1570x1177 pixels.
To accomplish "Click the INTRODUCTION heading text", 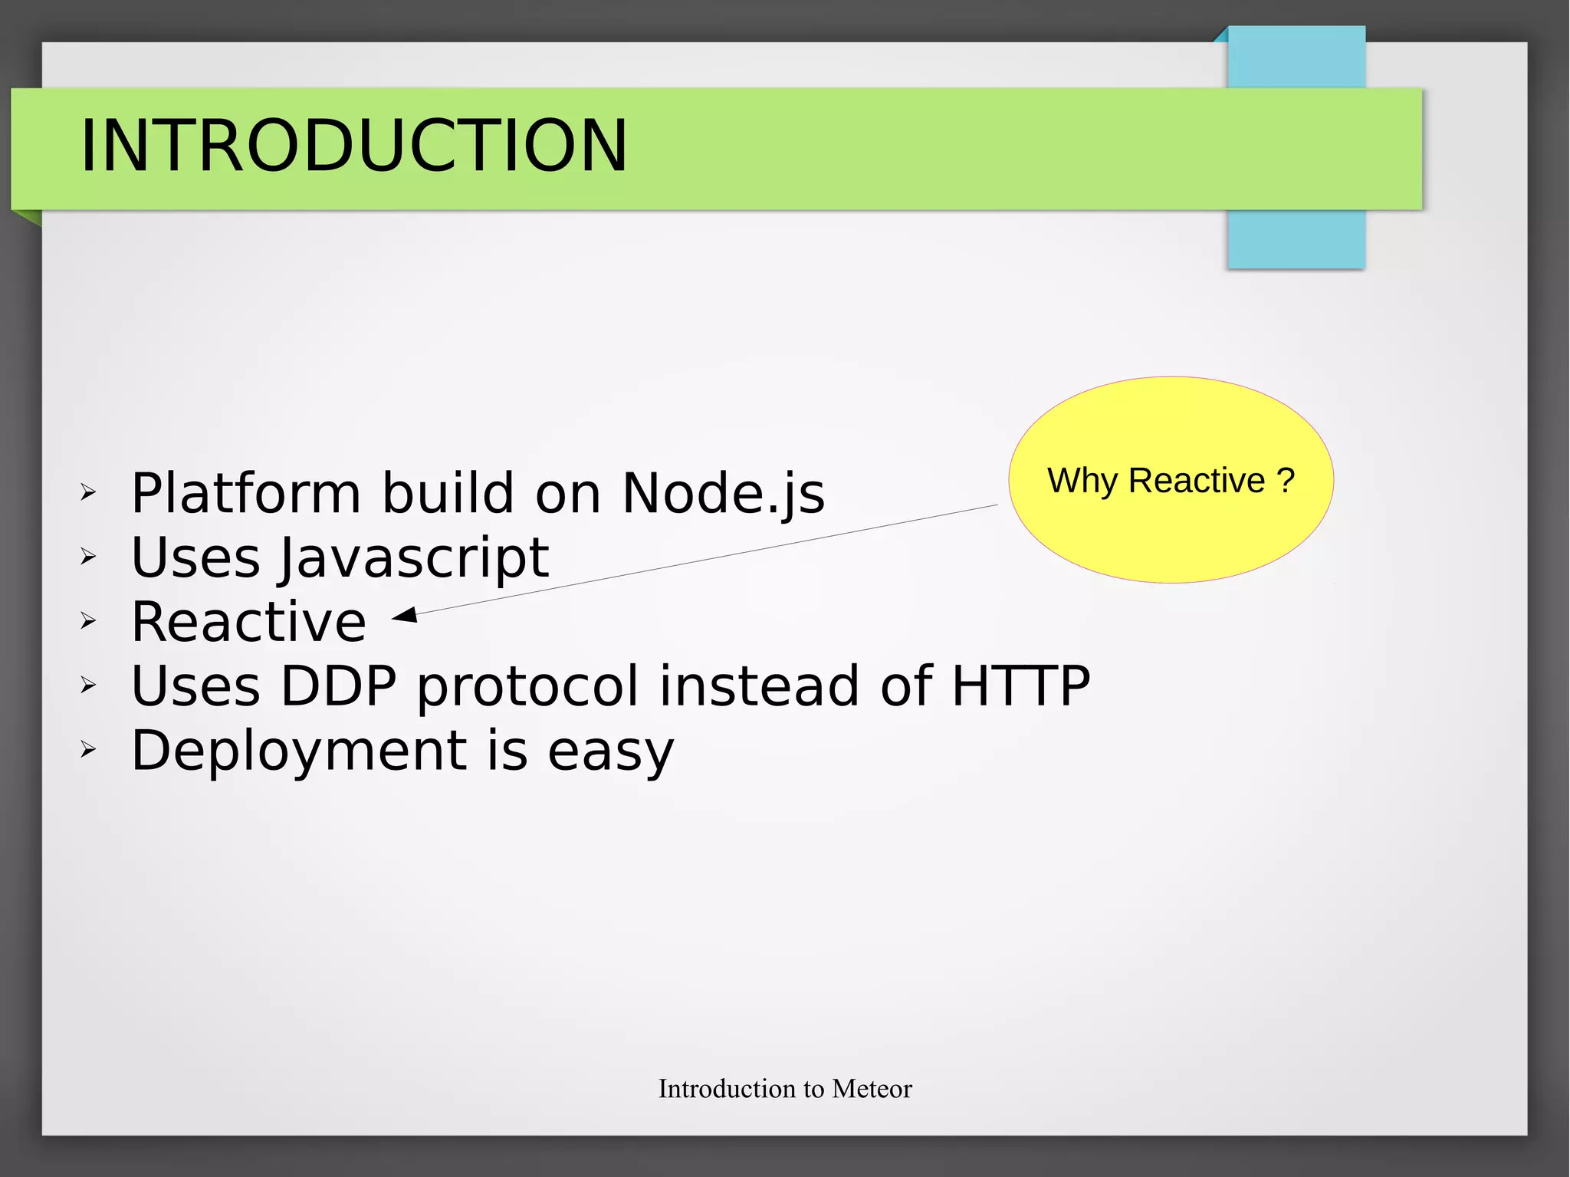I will tap(353, 146).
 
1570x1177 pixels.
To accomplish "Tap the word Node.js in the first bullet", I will tap(723, 493).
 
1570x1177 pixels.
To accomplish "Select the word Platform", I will tap(245, 493).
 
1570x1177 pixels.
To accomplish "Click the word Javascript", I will tap(414, 557).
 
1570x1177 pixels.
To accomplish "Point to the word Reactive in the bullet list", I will tap(248, 622).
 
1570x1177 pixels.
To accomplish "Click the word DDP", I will tap(338, 685).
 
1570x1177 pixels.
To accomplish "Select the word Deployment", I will tap(299, 751).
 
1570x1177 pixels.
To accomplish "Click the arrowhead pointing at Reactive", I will tap(405, 615).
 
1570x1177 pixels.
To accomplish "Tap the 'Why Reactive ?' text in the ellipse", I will tap(1170, 481).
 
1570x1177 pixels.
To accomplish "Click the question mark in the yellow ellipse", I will tap(1286, 481).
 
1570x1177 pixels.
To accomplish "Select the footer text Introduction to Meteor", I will tap(785, 1089).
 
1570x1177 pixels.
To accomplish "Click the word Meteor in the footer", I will tap(872, 1089).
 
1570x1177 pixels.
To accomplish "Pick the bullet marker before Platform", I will tap(88, 493).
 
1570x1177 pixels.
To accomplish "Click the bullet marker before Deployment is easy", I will tap(88, 750).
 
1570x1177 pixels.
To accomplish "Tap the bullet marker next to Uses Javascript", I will tap(88, 557).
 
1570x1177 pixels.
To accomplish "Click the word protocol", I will tap(527, 685).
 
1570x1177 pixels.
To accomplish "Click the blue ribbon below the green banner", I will tap(1296, 239).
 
